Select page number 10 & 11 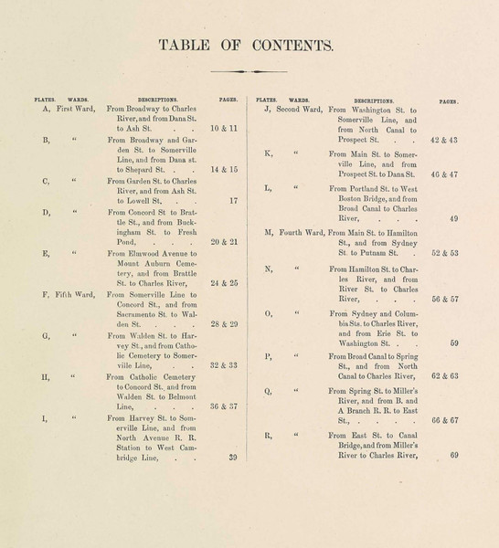coord(223,129)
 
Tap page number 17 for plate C coord(233,200)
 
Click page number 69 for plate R coord(454,455)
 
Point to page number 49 coord(454,218)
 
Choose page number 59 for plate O coord(454,344)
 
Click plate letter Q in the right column coord(268,391)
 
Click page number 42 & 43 coord(444,140)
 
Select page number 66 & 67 coord(444,421)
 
